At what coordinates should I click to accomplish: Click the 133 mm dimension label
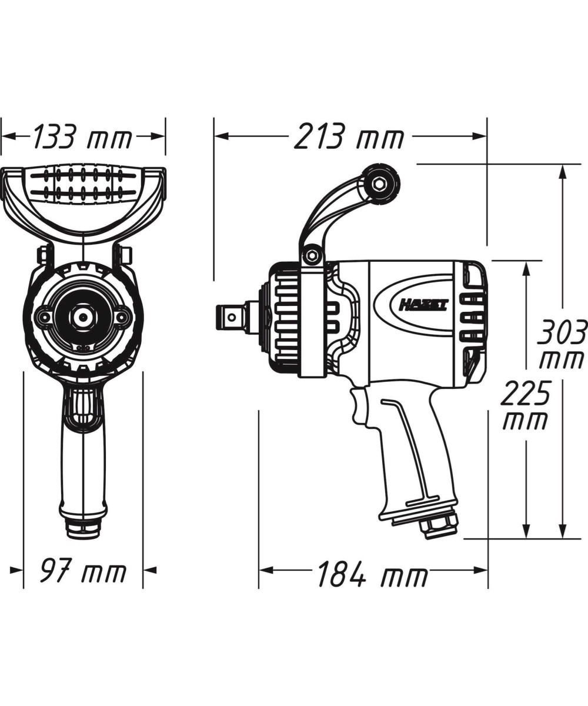coord(82,137)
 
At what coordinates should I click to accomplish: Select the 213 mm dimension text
coord(349,137)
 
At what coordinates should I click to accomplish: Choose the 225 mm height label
coord(526,405)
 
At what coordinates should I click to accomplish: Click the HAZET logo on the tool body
coord(424,306)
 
